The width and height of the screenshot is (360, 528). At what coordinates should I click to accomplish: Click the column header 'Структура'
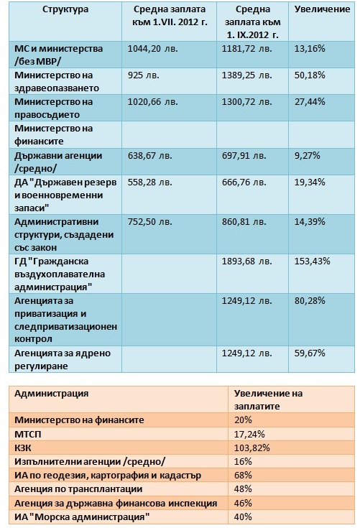[x=65, y=9]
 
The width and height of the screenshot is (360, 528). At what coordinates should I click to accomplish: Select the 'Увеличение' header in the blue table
[x=322, y=9]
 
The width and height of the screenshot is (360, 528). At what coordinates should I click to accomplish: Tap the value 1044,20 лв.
[x=152, y=49]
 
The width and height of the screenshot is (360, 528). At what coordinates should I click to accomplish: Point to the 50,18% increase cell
[x=310, y=75]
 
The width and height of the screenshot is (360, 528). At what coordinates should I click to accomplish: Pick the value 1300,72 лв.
[x=246, y=102]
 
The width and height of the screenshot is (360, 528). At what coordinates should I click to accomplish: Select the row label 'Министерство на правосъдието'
[x=54, y=108]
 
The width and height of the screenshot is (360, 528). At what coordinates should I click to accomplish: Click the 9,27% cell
[x=307, y=156]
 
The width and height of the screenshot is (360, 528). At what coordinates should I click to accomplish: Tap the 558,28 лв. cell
[x=149, y=182]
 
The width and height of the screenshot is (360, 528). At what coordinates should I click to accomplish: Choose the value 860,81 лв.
[x=244, y=221]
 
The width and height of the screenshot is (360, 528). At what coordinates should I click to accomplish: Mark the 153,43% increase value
[x=312, y=261]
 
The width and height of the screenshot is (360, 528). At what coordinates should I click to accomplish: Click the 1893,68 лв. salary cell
[x=246, y=261]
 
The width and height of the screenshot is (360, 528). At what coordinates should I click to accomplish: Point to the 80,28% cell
[x=310, y=301]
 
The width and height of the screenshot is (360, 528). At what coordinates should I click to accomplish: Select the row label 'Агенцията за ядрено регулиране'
[x=63, y=360]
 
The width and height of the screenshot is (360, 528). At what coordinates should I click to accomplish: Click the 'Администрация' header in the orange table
[x=51, y=394]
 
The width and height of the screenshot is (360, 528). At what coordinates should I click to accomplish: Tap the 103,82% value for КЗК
[x=252, y=448]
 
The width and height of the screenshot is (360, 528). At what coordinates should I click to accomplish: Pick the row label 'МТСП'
[x=28, y=434]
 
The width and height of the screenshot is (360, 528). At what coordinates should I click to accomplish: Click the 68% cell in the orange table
[x=243, y=475]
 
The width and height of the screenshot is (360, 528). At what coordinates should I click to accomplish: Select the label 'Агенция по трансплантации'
[x=78, y=489]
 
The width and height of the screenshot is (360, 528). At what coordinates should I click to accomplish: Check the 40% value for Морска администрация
[x=243, y=517]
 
